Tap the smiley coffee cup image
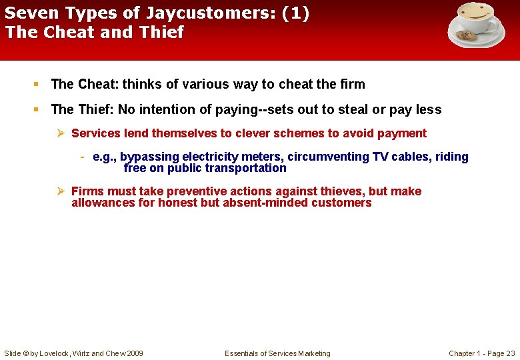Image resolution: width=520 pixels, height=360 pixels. pos(477,24)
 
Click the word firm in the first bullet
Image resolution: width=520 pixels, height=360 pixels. pos(353,84)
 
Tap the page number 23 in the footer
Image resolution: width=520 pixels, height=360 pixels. pos(510,353)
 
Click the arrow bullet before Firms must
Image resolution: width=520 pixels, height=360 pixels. pos(60,191)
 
